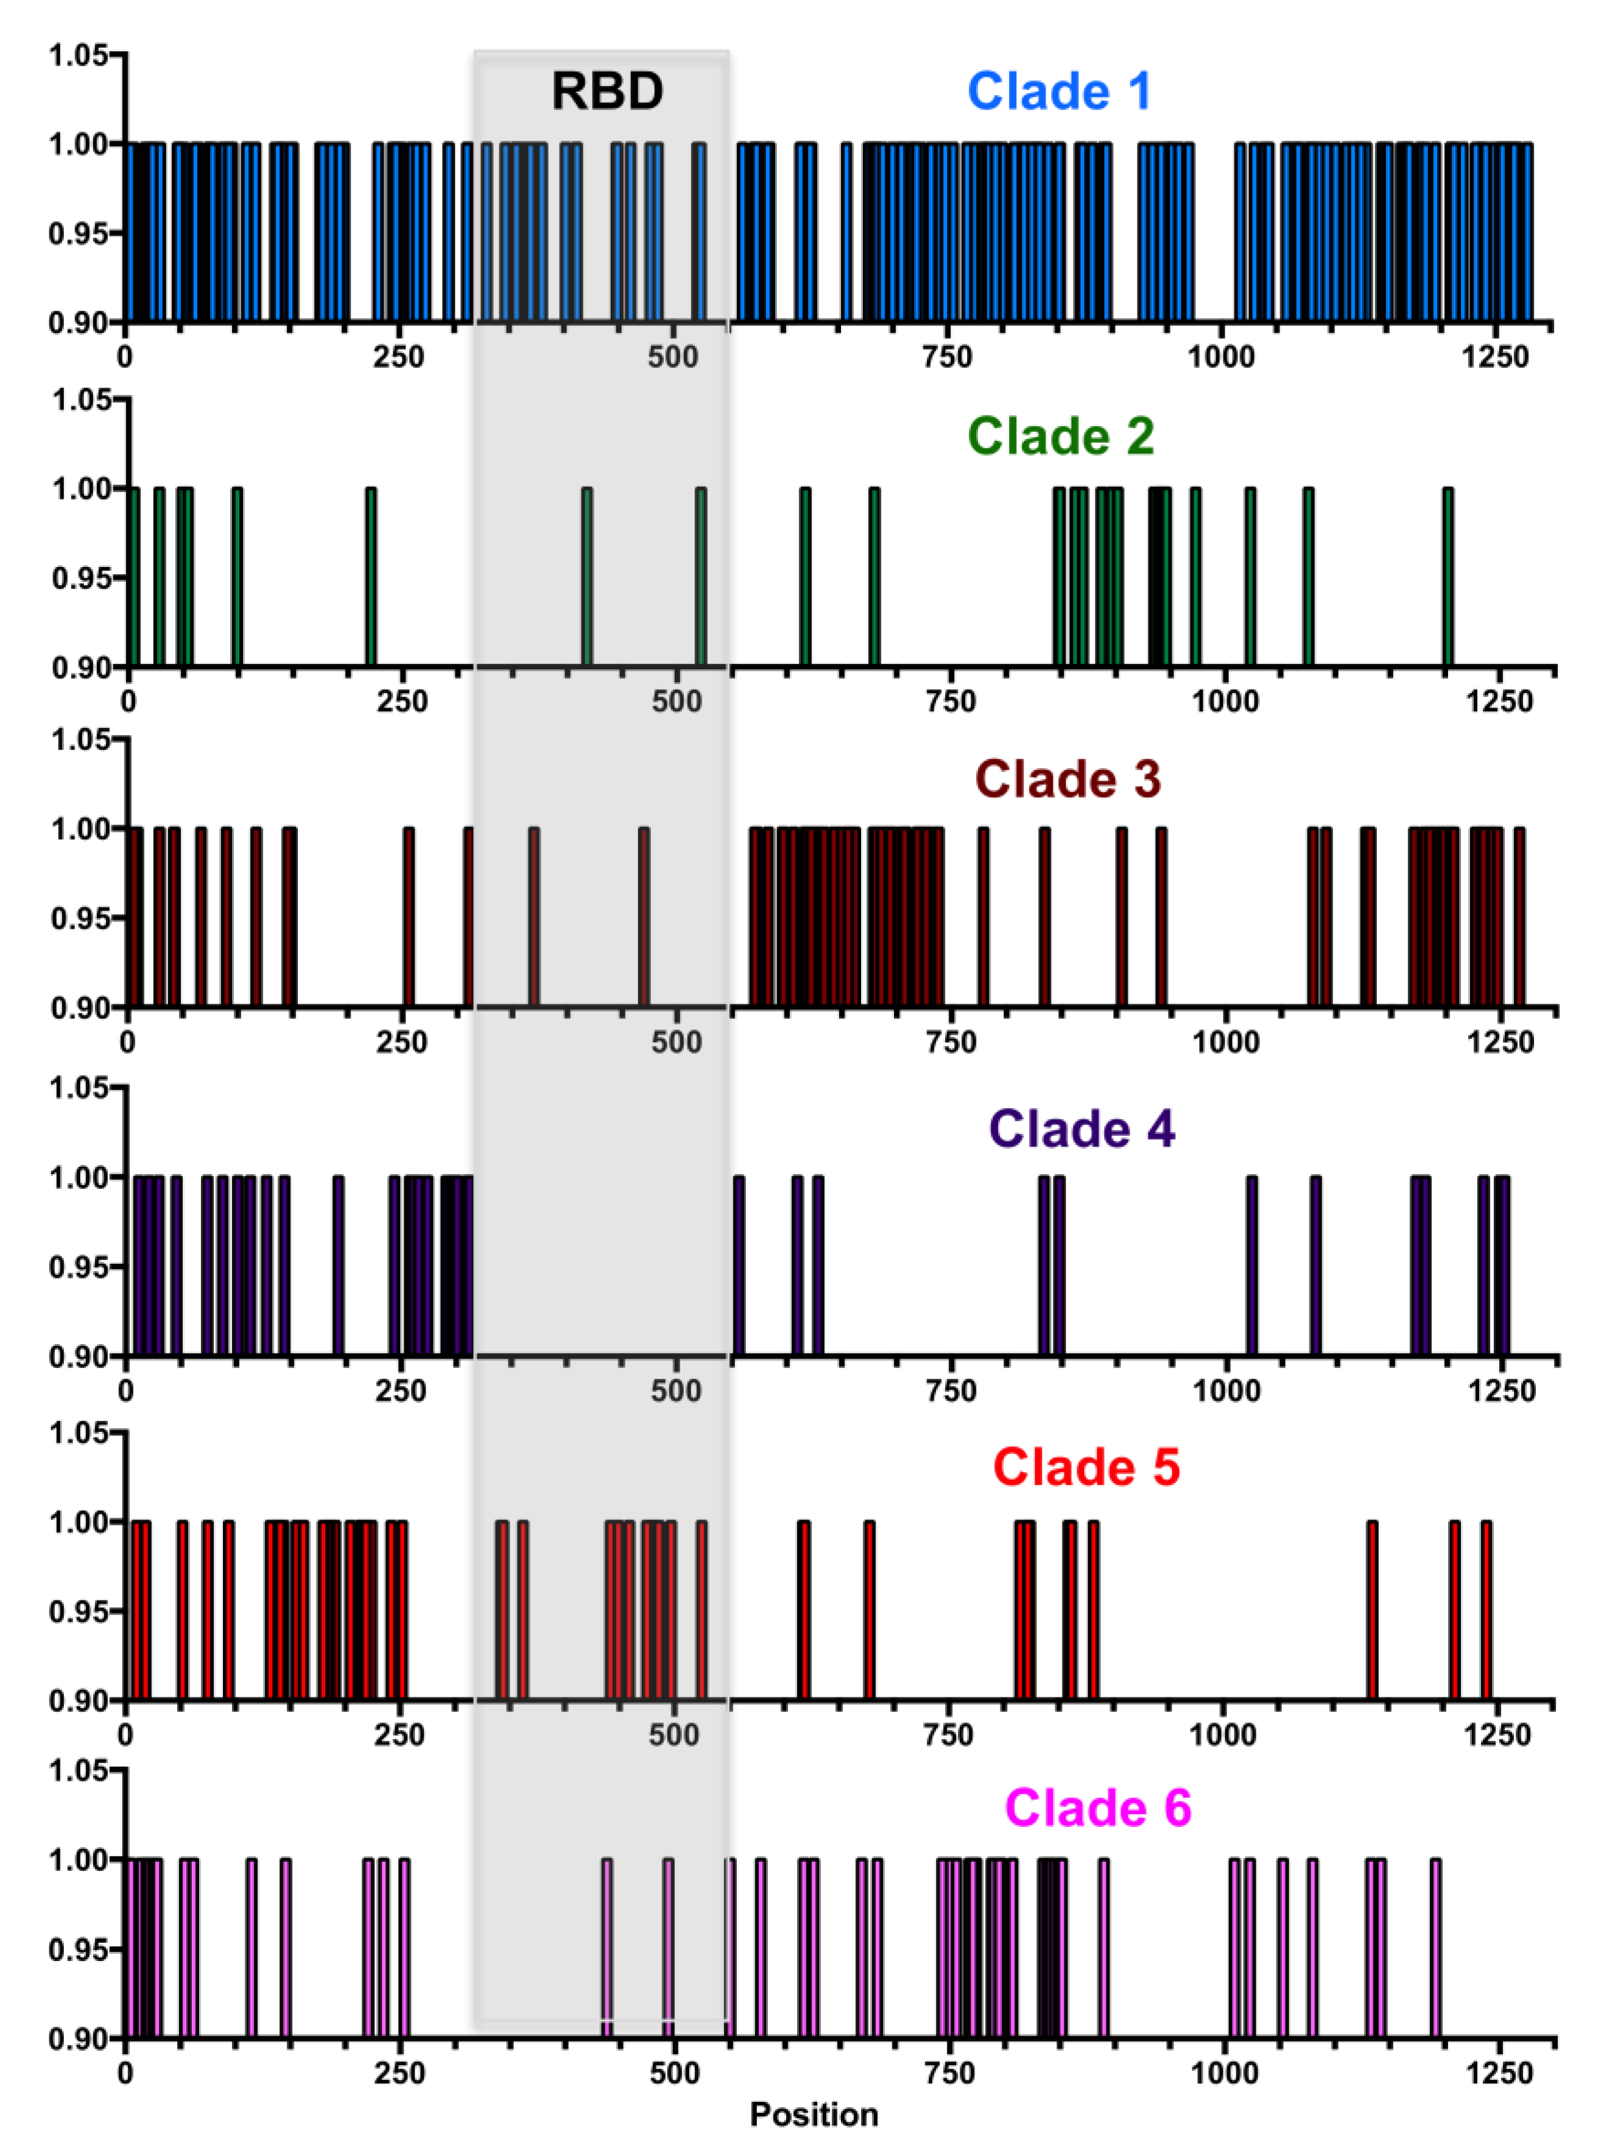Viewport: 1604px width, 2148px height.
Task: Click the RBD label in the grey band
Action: pyautogui.click(x=607, y=91)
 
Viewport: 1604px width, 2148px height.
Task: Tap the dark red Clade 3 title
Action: pyautogui.click(x=1067, y=779)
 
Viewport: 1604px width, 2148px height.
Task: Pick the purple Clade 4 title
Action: pyautogui.click(x=1082, y=1129)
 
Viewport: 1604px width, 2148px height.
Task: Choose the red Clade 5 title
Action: pyautogui.click(x=1086, y=1467)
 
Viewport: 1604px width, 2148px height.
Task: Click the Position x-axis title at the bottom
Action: pyautogui.click(x=814, y=2114)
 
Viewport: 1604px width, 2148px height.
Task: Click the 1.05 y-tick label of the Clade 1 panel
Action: pyautogui.click(x=78, y=55)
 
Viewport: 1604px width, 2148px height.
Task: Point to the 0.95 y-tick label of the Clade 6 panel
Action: pyautogui.click(x=78, y=1948)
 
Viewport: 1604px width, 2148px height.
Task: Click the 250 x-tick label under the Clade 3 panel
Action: pyautogui.click(x=401, y=1042)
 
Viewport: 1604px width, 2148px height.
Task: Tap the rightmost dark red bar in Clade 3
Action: pyautogui.click(x=1519, y=918)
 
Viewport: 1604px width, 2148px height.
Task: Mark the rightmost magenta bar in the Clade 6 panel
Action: pyautogui.click(x=1436, y=1948)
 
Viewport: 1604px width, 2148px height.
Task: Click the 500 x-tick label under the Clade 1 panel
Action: pyautogui.click(x=673, y=357)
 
